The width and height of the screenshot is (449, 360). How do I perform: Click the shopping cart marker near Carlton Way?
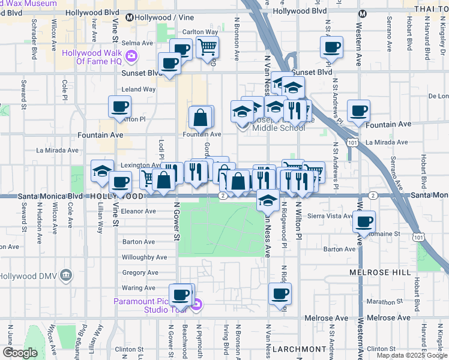coord(207,47)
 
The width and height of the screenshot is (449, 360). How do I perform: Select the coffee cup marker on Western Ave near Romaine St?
coord(364,222)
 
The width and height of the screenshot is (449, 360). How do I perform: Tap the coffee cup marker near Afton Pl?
coord(119,107)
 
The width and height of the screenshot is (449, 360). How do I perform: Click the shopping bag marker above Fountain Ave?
coord(200,118)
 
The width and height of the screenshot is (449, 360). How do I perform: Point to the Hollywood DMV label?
coord(33,276)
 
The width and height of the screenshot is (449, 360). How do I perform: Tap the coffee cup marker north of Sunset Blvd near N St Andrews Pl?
coord(331,47)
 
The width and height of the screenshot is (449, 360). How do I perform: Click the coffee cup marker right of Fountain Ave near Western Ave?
coord(358,111)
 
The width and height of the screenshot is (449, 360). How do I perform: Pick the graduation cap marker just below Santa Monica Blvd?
coord(268,201)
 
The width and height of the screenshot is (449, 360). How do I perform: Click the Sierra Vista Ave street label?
coord(329,215)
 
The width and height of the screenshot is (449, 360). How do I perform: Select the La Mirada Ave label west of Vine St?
coord(58,151)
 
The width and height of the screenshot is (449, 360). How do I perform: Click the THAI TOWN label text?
coord(432,10)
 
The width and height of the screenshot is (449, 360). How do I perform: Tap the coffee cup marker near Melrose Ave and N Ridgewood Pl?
coord(280,294)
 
